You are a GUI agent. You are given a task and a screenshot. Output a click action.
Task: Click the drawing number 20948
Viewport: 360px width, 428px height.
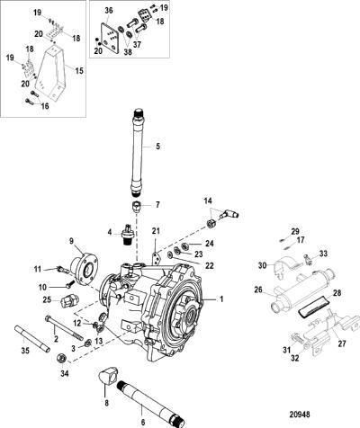tap(300, 415)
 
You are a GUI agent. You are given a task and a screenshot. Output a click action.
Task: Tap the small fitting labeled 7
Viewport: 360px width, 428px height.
tap(137, 207)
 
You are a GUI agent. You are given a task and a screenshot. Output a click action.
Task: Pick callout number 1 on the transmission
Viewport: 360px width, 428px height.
tap(221, 299)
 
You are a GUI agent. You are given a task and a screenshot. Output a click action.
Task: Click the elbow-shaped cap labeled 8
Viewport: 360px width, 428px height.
tap(108, 378)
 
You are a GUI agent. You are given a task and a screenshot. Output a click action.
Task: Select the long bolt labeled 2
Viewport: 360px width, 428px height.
tap(64, 329)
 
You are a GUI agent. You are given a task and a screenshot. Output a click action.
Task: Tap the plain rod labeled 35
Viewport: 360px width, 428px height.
tap(31, 340)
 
